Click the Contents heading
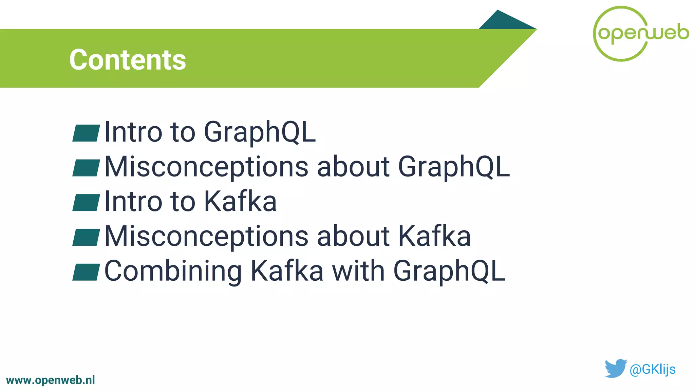click(x=128, y=60)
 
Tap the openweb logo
click(x=641, y=34)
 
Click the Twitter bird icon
click(x=615, y=368)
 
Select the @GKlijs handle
click(x=652, y=369)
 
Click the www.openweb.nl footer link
click(x=51, y=380)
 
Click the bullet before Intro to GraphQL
click(x=86, y=133)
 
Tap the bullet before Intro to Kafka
click(x=86, y=203)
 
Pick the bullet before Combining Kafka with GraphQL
click(x=86, y=272)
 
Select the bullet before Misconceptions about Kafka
click(x=86, y=237)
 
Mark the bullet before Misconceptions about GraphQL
click(x=86, y=168)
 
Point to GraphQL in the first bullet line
click(x=260, y=132)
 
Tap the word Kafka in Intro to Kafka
click(x=240, y=202)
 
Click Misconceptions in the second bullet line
click(x=206, y=167)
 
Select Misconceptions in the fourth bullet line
click(x=206, y=237)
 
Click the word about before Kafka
click(x=353, y=237)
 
